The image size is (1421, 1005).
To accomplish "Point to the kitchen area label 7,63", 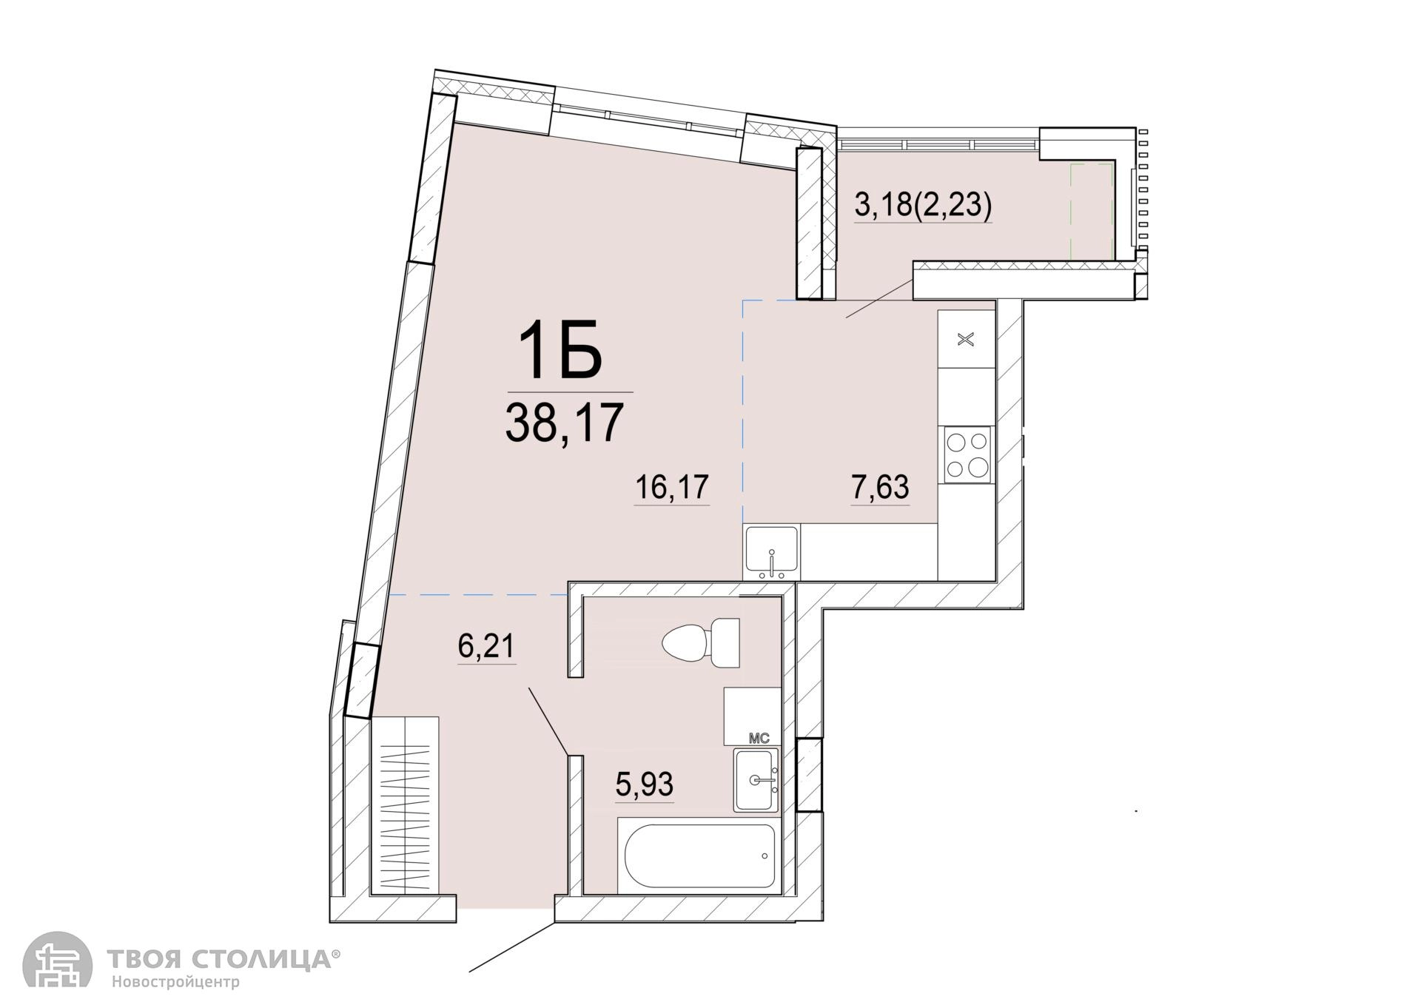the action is [x=880, y=488].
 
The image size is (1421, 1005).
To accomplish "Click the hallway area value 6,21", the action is [x=486, y=647].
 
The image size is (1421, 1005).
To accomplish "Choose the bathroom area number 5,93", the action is [x=645, y=784].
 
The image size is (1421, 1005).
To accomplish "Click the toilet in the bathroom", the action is [x=702, y=643].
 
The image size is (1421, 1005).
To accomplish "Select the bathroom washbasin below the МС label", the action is [x=756, y=779].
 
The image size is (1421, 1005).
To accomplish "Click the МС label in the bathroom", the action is [x=759, y=739].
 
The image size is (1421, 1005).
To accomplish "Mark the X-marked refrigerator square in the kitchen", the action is [x=966, y=340].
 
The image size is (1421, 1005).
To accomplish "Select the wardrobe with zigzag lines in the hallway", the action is [x=406, y=806].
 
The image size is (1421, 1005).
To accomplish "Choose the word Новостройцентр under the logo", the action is [x=176, y=983].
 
